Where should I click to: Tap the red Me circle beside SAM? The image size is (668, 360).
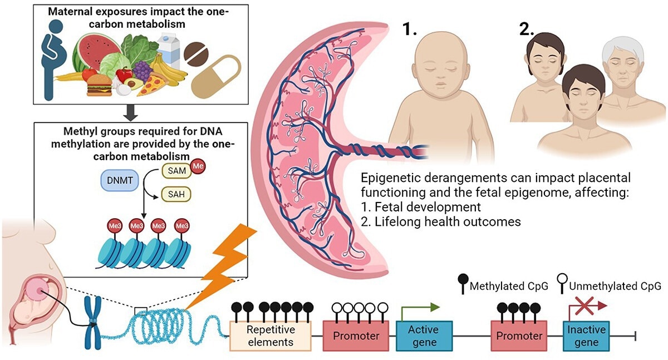[198, 166]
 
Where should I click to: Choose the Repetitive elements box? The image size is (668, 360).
[270, 336]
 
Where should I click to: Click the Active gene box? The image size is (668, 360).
[424, 336]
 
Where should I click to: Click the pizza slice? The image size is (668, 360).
[151, 85]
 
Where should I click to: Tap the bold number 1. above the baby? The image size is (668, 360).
[411, 30]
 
